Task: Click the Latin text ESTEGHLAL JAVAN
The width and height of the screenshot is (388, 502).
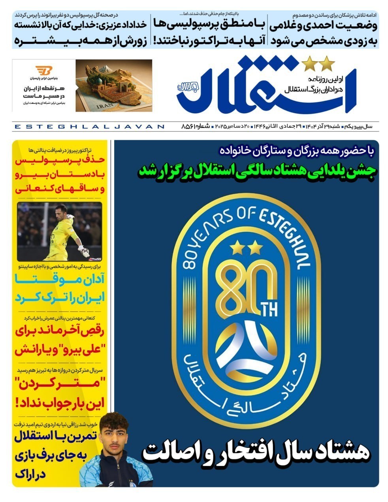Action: [x=89, y=126]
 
